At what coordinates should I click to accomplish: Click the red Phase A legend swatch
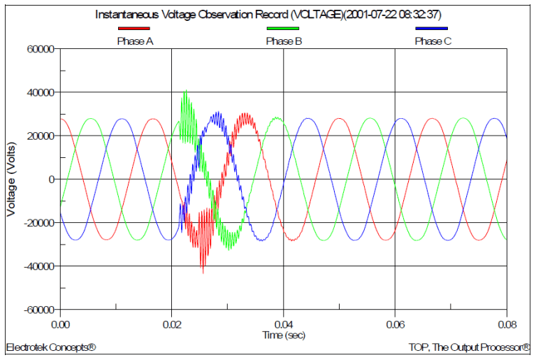[134, 29]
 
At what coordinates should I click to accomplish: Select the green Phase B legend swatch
[283, 29]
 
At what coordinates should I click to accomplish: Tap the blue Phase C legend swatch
[432, 29]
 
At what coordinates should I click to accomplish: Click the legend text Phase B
[284, 41]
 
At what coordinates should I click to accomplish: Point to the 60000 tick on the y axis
[41, 49]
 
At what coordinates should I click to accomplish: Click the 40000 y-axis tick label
[41, 92]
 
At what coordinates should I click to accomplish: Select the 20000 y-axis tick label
[41, 136]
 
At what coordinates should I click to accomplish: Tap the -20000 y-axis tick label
[39, 223]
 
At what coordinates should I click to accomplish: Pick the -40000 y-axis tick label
[39, 266]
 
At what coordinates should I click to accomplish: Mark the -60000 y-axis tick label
[39, 310]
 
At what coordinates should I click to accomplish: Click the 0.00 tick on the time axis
[61, 324]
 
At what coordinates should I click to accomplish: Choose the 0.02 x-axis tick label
[172, 324]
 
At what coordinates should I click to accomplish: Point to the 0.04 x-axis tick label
[284, 324]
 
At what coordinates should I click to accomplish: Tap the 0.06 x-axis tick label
[396, 324]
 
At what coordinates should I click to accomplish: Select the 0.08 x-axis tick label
[507, 324]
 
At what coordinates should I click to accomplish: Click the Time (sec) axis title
[284, 335]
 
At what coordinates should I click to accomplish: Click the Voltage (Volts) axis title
[11, 179]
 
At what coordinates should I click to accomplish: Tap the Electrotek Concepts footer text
[51, 347]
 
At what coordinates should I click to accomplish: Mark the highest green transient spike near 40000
[185, 91]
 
